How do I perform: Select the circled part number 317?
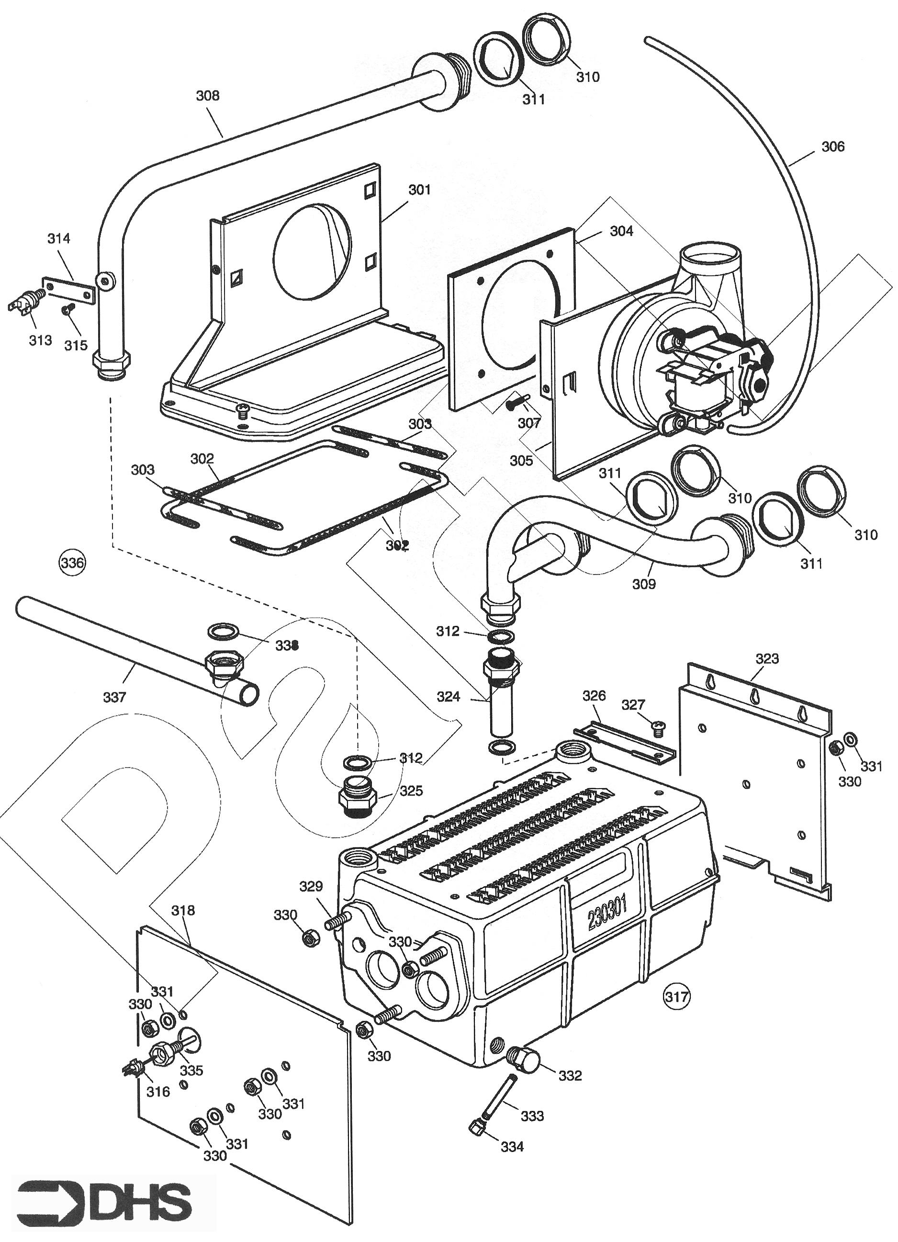click(676, 996)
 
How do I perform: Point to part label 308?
click(208, 96)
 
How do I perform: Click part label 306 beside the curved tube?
click(833, 147)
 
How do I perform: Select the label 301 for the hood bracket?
click(419, 190)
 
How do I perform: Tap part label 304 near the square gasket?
click(621, 231)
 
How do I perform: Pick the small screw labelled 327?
click(658, 727)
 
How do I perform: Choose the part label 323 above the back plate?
click(766, 659)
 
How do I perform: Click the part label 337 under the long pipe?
click(114, 697)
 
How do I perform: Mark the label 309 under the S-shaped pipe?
click(644, 584)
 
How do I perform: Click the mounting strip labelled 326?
click(624, 739)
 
